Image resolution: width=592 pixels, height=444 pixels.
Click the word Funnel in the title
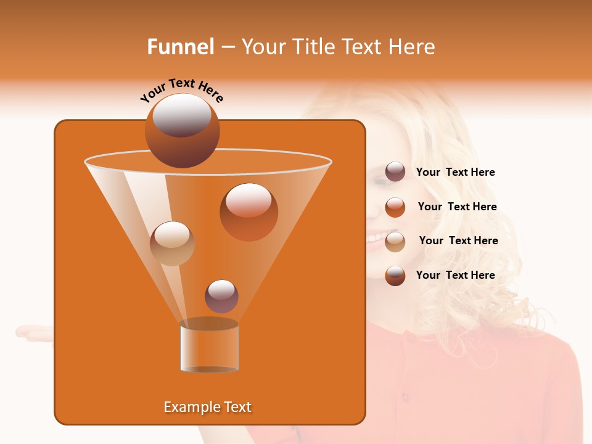point(180,47)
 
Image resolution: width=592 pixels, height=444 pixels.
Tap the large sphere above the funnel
point(182,130)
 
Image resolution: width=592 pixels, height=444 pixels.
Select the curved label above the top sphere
point(182,89)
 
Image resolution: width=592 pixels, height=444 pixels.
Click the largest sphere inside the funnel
point(249,212)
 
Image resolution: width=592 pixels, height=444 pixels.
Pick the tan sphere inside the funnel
point(172,243)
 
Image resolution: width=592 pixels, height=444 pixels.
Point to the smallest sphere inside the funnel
point(221,296)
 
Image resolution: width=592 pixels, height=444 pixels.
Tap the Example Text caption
point(207,407)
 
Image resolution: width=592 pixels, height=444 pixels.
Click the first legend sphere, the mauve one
point(395,172)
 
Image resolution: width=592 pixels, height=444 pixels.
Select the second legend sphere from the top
point(395,207)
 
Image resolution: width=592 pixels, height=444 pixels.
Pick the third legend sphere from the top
point(395,241)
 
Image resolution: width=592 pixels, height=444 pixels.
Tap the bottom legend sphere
point(395,276)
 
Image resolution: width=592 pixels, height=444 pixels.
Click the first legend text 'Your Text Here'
point(455,173)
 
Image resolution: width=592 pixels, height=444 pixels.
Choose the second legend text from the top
point(457,207)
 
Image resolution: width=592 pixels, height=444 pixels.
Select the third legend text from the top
point(458,241)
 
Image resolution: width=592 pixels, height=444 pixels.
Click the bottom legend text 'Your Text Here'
point(455,276)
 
